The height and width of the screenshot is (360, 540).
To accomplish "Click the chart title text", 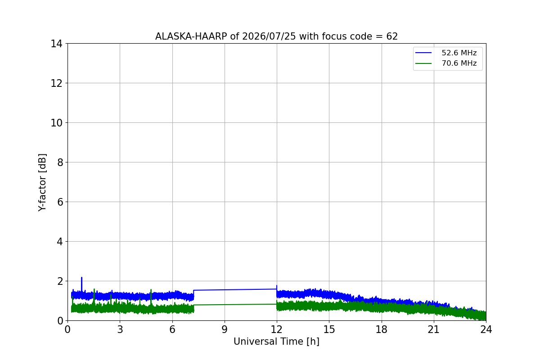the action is coord(276,36).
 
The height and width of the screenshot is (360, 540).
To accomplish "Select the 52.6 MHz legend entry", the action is coord(446,53).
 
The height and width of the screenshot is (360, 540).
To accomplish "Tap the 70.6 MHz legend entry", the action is coord(446,63).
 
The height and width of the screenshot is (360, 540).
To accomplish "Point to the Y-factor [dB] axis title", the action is coord(42,183).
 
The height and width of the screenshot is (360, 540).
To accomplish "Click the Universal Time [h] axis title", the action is coord(276,342).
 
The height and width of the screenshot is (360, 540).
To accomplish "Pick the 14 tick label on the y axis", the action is coord(56,44).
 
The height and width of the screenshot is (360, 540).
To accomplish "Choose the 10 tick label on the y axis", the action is coord(56,123).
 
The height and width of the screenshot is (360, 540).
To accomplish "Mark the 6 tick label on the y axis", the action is coord(60,202).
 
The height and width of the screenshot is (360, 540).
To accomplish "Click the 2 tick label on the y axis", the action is coord(60,281).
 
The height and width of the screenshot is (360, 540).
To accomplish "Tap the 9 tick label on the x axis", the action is coord(225,329).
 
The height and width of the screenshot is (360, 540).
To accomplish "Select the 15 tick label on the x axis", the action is coord(329,329).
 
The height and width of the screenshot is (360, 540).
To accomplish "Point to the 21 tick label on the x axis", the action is coord(434,329).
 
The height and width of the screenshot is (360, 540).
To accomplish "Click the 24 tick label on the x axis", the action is coord(486,329).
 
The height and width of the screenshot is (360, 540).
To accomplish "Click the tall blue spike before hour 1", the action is coord(82,284).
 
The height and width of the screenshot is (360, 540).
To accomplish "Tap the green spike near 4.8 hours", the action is coord(151,297).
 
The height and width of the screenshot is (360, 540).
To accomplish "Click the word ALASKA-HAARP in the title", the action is coord(191,36).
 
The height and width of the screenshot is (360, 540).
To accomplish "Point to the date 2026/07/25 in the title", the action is coord(269,36).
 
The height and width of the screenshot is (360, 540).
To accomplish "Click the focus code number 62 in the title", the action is coord(392,36).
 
